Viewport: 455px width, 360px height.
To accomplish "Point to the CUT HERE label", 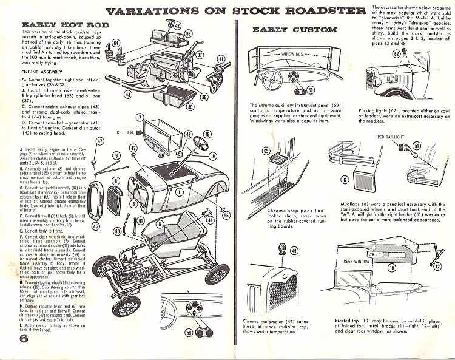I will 126,132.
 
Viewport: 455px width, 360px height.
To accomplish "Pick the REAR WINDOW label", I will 356,245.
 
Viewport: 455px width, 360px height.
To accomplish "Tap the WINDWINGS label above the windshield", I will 295,55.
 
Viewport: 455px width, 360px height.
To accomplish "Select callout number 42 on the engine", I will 178,25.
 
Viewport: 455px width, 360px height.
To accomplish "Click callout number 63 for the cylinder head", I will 189,33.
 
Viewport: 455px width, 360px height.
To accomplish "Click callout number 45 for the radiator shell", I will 95,226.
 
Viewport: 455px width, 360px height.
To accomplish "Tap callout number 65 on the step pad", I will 265,151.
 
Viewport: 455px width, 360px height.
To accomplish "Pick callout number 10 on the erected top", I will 391,267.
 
